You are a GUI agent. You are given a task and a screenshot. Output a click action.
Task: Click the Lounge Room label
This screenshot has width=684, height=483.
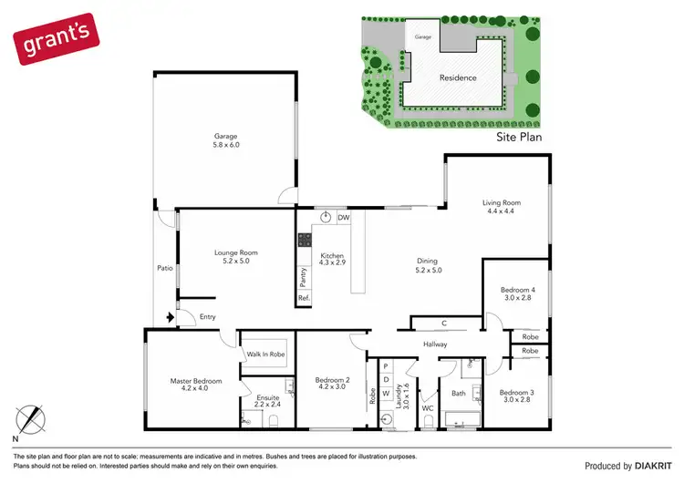(x=236, y=257)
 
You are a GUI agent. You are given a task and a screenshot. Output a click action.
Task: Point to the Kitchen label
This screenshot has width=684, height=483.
(x=333, y=260)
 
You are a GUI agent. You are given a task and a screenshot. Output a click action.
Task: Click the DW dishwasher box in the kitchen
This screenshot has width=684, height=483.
(x=344, y=218)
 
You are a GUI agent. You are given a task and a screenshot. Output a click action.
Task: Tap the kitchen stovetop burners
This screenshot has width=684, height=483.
(x=302, y=241)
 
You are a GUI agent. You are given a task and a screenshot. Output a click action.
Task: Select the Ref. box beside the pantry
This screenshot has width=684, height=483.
(x=303, y=298)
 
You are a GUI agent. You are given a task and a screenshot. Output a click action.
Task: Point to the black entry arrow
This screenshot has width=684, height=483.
(x=169, y=317)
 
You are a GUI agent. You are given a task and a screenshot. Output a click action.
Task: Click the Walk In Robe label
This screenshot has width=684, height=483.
(x=264, y=354)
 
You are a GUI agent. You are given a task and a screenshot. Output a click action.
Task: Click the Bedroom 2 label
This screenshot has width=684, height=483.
(x=333, y=385)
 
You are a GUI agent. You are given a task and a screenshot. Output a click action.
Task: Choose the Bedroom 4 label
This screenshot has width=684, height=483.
(x=518, y=295)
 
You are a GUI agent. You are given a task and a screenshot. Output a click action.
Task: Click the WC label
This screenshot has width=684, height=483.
(x=426, y=408)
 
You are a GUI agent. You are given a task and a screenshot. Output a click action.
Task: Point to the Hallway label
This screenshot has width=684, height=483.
(x=435, y=344)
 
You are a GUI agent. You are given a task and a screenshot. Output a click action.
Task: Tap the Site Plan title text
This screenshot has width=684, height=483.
(x=519, y=137)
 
